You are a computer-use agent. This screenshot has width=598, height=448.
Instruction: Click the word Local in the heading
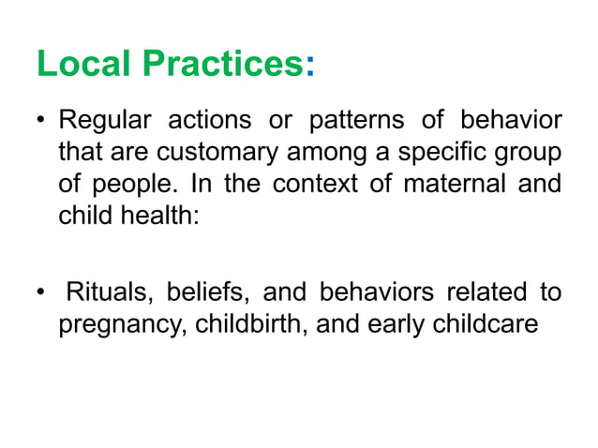(82, 65)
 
